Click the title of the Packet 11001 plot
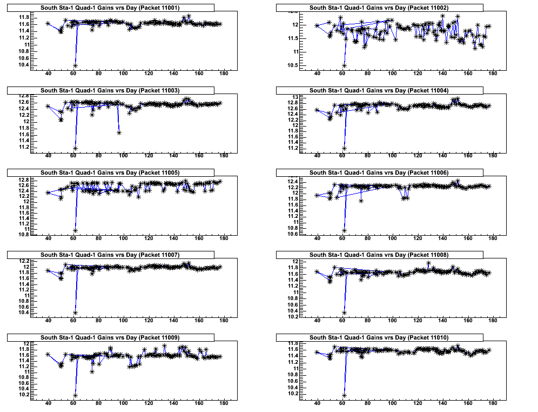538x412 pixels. point(110,8)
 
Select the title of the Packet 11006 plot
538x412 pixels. point(379,172)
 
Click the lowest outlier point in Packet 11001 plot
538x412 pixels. point(75,65)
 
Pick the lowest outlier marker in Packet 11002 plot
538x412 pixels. point(344,65)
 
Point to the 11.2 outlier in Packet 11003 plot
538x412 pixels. point(75,148)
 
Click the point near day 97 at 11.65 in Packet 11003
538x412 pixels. point(119,132)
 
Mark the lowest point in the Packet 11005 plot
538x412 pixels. point(75,230)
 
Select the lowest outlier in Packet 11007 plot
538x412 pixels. point(75,313)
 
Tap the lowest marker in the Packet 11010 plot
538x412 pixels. point(344,395)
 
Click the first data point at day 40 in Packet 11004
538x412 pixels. point(317,110)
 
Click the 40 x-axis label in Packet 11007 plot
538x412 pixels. point(48,321)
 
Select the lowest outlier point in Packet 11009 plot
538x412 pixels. point(75,395)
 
